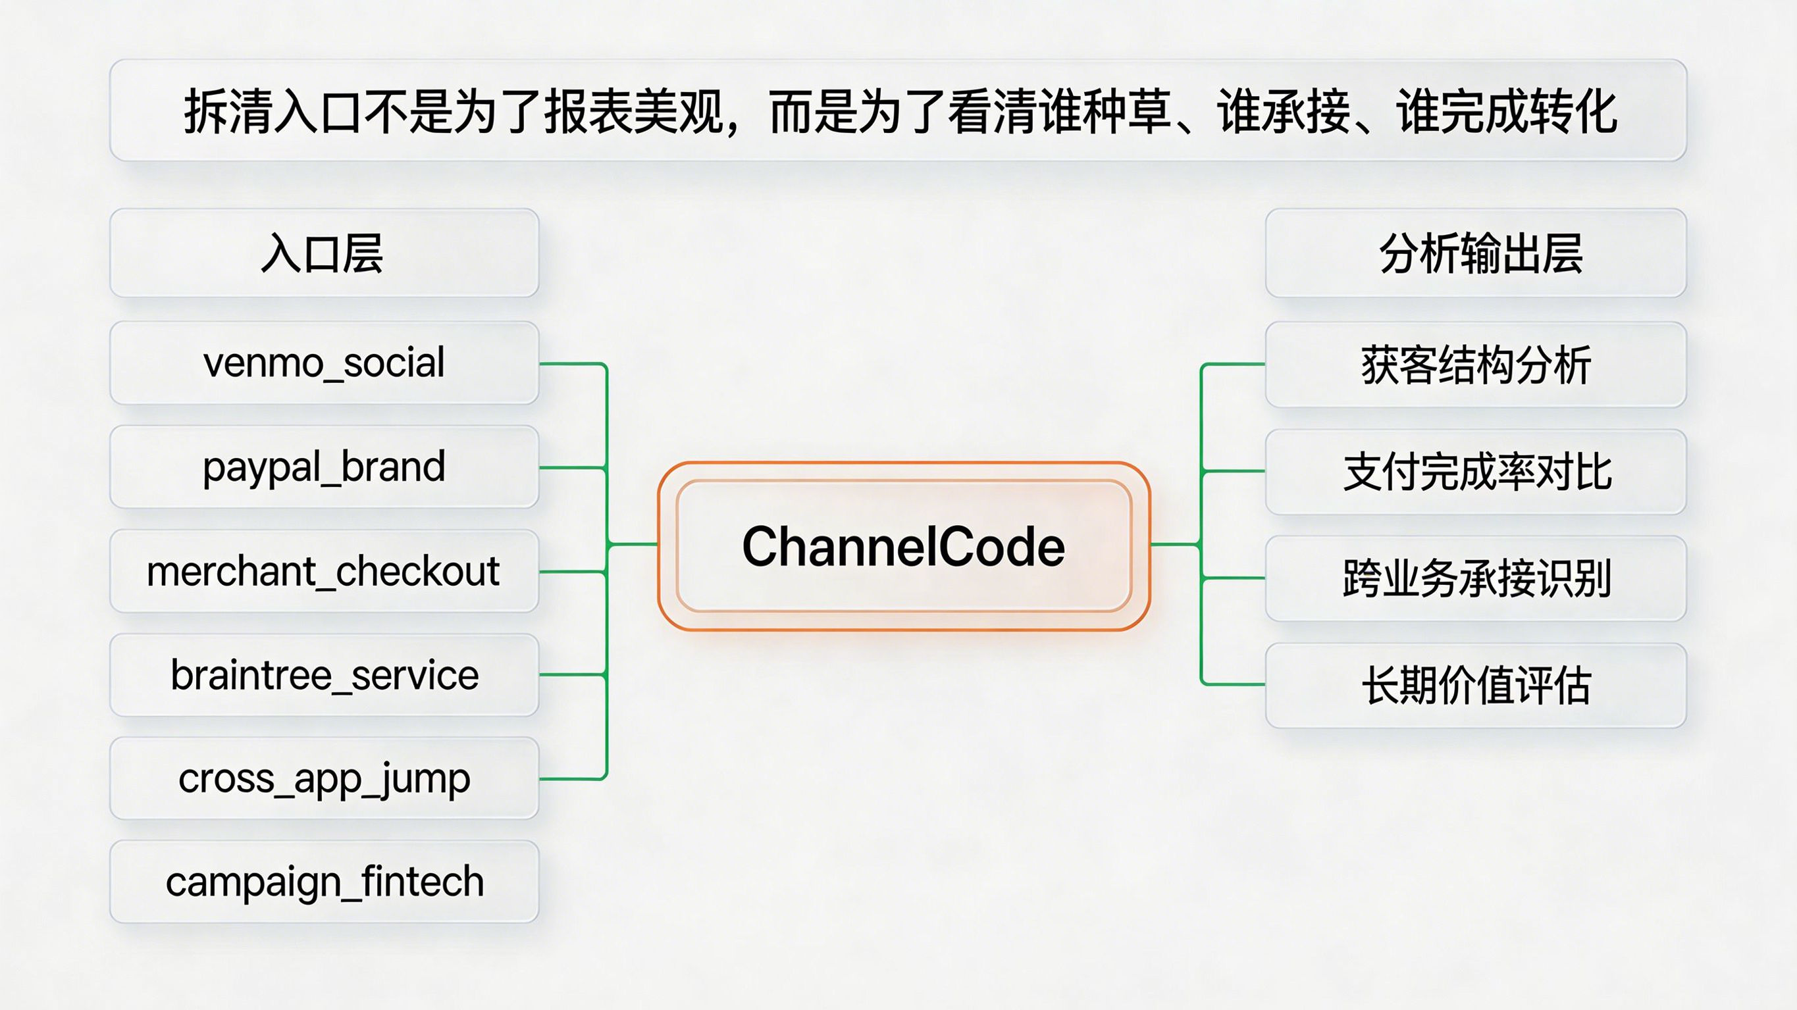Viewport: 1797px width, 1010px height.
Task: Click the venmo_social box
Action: click(324, 363)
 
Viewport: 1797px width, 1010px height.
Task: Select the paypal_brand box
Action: click(324, 467)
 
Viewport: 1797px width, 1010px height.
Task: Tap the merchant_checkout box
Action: click(324, 571)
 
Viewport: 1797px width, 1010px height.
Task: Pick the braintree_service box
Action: click(324, 674)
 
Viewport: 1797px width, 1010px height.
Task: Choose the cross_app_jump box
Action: click(324, 778)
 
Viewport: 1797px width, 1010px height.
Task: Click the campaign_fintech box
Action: click(324, 881)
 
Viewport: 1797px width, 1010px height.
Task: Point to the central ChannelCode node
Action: click(903, 546)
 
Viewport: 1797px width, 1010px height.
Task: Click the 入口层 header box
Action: click(324, 253)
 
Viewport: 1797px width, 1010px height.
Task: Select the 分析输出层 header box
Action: click(1475, 253)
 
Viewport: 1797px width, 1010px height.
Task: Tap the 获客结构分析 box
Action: click(1475, 364)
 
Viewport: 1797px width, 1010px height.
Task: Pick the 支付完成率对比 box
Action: click(1475, 472)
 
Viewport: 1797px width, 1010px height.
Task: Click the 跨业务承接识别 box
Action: click(1475, 578)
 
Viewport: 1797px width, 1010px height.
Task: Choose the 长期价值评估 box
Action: click(1475, 685)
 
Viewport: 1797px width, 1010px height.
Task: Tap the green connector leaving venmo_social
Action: click(572, 363)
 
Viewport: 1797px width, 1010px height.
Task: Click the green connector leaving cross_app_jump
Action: click(572, 778)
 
